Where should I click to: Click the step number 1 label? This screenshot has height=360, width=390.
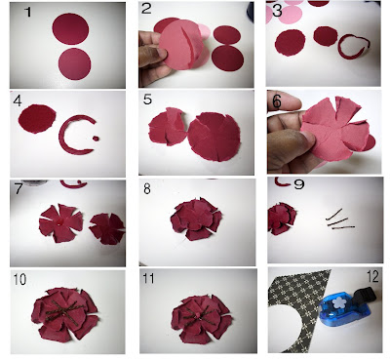[x=28, y=12]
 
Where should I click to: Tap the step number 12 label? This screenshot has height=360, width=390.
[x=372, y=276]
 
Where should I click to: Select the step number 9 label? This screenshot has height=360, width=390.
[x=299, y=184]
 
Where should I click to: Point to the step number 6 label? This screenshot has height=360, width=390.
[x=277, y=101]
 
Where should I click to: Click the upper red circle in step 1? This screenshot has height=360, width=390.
[x=70, y=29]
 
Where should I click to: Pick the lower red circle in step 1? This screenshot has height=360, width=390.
[x=74, y=64]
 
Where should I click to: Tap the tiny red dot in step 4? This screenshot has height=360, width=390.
[x=96, y=139]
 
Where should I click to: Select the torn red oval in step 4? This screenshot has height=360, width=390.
[x=37, y=119]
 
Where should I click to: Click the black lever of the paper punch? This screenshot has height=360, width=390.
[x=365, y=296]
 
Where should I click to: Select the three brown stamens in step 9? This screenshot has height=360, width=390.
[x=339, y=220]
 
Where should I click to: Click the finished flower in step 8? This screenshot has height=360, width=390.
[x=196, y=219]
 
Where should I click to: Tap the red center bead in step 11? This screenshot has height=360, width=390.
[x=198, y=315]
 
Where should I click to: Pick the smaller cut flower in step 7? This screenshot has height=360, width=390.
[x=107, y=228]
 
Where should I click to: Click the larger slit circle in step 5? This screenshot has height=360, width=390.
[x=214, y=137]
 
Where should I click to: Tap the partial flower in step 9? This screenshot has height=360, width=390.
[x=282, y=218]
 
